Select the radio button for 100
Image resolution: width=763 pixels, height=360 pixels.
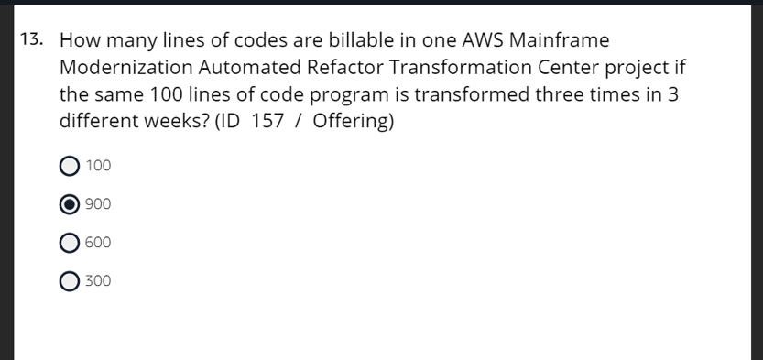click(x=69, y=166)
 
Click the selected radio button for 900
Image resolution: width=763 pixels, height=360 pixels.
click(x=69, y=204)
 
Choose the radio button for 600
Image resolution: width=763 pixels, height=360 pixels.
click(x=69, y=243)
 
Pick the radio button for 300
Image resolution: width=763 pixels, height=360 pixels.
click(x=69, y=281)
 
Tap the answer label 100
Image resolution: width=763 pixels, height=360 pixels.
click(x=98, y=166)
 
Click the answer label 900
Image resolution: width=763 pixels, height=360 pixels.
click(x=98, y=204)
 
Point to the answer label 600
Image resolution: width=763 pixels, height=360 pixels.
click(x=98, y=243)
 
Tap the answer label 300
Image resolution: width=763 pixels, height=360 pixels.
click(x=98, y=281)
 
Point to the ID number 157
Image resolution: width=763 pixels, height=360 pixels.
click(x=267, y=122)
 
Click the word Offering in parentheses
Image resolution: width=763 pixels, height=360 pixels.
click(x=352, y=122)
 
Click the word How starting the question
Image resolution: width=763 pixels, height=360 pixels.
click(x=81, y=40)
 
